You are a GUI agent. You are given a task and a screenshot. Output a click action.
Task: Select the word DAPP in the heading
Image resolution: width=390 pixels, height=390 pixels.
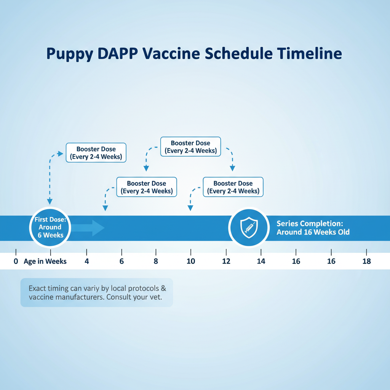(x=117, y=53)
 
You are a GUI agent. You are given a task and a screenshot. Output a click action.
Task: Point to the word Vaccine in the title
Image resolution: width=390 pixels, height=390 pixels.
(x=171, y=53)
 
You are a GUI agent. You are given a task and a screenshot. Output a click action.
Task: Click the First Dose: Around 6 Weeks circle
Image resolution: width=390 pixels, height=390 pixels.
(x=50, y=227)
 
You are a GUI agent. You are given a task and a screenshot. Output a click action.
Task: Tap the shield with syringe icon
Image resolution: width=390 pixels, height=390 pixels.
(x=249, y=227)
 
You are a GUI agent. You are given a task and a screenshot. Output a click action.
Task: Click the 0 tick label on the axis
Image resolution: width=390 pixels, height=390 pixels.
(x=16, y=261)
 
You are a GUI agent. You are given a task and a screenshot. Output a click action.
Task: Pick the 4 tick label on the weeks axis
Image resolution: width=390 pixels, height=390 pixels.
(x=86, y=261)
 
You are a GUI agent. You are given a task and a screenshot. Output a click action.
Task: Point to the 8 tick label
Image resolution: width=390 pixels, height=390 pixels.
(x=156, y=261)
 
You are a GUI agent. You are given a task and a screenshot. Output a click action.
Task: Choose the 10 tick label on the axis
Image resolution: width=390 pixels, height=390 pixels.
(x=191, y=261)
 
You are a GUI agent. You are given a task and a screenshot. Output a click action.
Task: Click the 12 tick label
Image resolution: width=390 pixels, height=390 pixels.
(x=226, y=261)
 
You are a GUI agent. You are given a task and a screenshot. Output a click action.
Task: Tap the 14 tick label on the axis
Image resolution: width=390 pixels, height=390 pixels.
(x=261, y=261)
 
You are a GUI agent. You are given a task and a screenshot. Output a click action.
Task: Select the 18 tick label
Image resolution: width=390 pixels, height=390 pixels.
(x=367, y=261)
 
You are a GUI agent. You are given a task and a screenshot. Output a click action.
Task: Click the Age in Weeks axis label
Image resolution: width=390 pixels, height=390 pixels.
(x=45, y=261)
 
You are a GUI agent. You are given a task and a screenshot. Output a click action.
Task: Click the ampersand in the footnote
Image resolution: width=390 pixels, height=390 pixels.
(x=163, y=288)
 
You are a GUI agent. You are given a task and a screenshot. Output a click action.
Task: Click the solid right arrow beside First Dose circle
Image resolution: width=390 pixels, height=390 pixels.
(x=88, y=228)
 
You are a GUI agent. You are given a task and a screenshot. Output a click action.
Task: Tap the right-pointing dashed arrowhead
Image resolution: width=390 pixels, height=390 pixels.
(x=61, y=154)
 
